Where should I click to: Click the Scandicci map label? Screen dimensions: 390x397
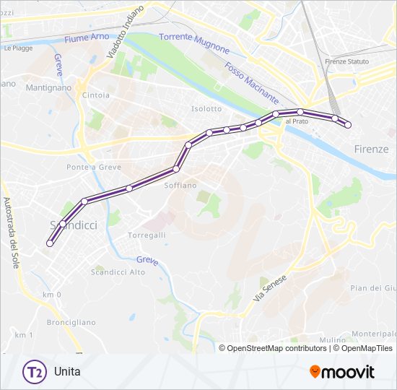click(x=74, y=225)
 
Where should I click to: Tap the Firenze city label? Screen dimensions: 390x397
click(x=372, y=149)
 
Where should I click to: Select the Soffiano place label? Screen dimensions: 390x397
click(x=180, y=186)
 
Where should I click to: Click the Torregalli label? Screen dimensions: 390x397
click(x=147, y=235)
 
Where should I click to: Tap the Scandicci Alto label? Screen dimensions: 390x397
click(x=118, y=272)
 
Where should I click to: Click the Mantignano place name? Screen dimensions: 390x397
click(x=48, y=87)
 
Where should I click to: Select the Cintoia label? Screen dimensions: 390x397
click(x=96, y=95)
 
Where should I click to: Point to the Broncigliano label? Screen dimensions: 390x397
click(x=71, y=322)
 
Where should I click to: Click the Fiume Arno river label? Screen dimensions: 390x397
click(x=86, y=38)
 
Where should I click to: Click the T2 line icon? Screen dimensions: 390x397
click(x=33, y=372)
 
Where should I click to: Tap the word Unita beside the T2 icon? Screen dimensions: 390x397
click(x=67, y=373)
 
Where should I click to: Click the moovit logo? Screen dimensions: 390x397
click(x=342, y=372)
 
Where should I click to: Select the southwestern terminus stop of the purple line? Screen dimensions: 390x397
click(x=50, y=243)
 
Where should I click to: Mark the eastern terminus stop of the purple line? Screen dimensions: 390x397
click(x=348, y=125)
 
